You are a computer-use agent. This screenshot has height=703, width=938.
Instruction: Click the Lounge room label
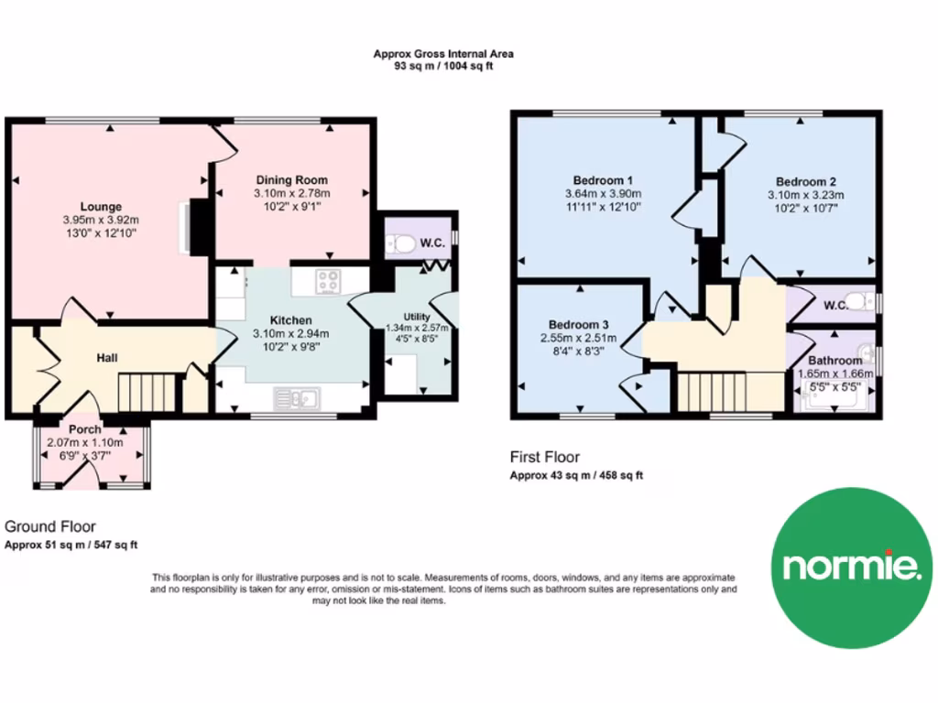tap(101, 207)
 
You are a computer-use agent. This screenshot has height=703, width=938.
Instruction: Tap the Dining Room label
tap(291, 180)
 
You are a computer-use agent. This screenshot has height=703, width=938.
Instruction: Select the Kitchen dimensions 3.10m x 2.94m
tap(291, 334)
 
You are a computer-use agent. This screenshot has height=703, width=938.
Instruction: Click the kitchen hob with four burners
tap(328, 281)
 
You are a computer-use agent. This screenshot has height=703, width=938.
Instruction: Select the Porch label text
tap(84, 428)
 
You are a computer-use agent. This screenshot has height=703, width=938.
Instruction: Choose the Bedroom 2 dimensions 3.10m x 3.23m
tap(805, 195)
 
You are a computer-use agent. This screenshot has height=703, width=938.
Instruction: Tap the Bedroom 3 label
tap(579, 324)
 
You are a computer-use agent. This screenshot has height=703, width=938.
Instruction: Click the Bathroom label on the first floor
tap(834, 361)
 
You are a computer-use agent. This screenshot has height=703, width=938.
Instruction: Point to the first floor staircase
tap(719, 393)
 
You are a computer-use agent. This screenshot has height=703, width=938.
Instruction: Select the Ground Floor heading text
tap(50, 526)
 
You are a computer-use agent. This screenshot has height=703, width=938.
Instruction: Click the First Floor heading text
tap(545, 457)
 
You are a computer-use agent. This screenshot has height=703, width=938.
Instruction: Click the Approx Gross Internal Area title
tap(443, 54)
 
